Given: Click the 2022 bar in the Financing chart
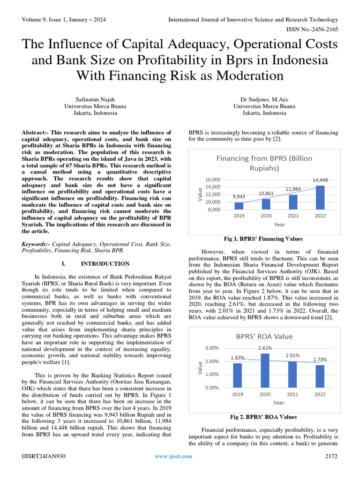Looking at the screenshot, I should [x=320, y=197].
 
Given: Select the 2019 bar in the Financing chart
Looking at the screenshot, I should [x=239, y=206].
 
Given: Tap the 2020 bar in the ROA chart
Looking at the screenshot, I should [x=265, y=371].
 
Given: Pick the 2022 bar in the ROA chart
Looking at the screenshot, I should [x=320, y=376].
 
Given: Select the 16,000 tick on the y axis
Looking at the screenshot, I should [x=212, y=180].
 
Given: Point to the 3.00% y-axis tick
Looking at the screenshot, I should [x=212, y=348].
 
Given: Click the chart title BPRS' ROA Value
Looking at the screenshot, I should [x=264, y=336].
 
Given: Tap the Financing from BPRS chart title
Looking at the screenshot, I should [x=264, y=163].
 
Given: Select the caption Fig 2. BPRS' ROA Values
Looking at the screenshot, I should [x=263, y=417].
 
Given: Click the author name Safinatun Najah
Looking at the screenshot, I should [x=95, y=99].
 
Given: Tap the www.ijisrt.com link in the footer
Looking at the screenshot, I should [x=173, y=456].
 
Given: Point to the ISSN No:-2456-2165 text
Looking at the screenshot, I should [x=313, y=29].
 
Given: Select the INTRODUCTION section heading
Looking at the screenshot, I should [x=112, y=264].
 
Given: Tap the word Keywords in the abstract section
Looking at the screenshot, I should [x=35, y=244].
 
